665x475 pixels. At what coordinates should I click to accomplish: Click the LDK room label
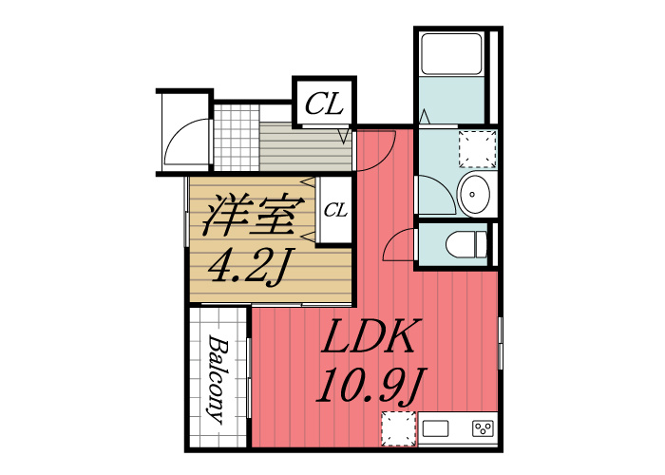click(368, 336)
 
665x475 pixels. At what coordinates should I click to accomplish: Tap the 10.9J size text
click(370, 386)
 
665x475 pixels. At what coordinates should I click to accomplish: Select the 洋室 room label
click(254, 216)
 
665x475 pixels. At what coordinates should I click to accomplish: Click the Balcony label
click(218, 379)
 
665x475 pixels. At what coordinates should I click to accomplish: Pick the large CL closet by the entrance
click(325, 104)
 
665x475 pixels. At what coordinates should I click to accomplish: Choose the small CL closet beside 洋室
click(335, 210)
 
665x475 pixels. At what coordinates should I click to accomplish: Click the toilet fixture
click(466, 244)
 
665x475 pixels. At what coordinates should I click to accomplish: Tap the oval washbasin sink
click(475, 194)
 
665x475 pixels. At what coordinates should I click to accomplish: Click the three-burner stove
click(483, 428)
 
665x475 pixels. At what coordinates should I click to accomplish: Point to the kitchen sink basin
click(435, 428)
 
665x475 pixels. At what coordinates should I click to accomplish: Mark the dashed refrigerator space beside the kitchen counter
click(398, 428)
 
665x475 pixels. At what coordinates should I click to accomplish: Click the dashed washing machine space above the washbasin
click(478, 149)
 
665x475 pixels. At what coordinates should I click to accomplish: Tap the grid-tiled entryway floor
click(237, 138)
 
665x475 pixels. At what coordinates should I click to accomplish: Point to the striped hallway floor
click(305, 146)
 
